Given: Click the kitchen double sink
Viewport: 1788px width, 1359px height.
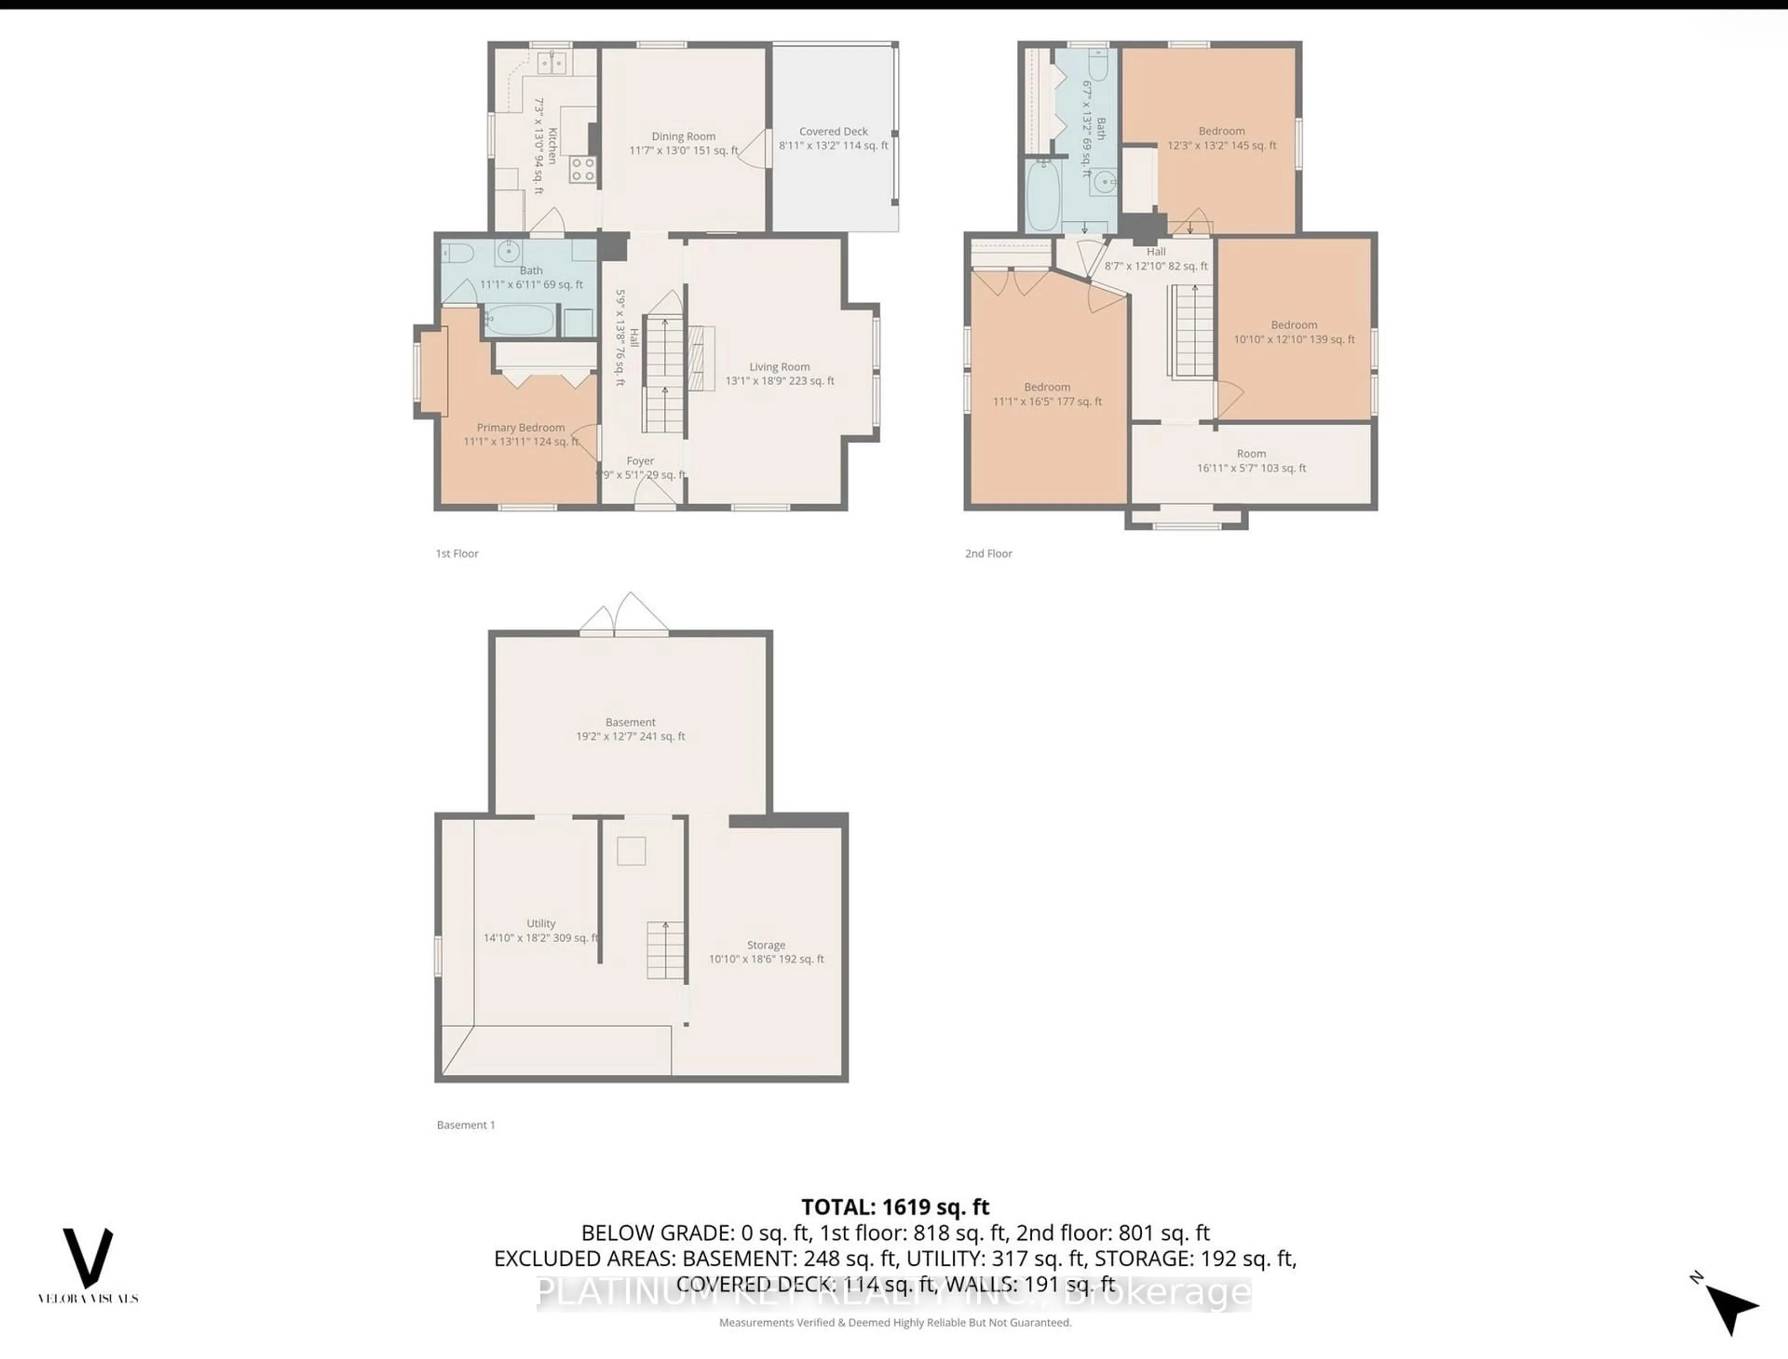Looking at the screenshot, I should (552, 62).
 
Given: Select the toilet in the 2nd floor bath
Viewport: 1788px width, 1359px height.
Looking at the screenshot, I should (1099, 62).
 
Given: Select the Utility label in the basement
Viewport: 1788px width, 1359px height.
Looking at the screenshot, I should (541, 923).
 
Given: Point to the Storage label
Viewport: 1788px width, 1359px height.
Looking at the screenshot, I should (766, 945).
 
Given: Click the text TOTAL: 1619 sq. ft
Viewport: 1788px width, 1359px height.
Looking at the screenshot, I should (895, 1207).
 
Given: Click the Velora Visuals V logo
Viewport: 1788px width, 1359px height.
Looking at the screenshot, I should (88, 1258).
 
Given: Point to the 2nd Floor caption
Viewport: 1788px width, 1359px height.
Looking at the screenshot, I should (988, 553).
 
